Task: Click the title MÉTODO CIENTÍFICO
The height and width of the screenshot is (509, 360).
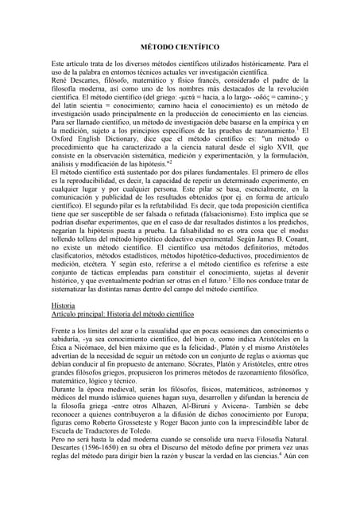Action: [180, 48]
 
